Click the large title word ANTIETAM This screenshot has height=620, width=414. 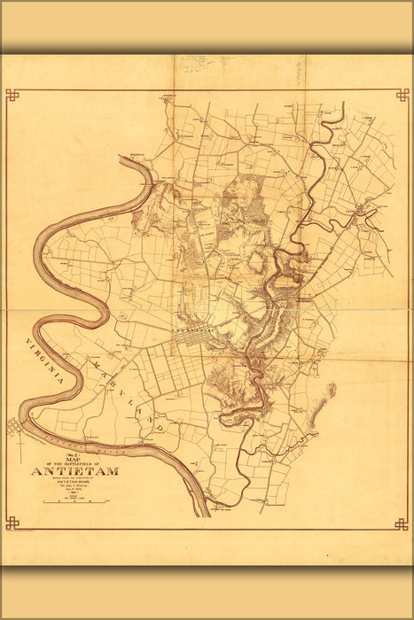point(74,471)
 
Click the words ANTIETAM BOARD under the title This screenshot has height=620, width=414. point(74,484)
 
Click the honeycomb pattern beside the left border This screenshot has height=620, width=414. point(14,427)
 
